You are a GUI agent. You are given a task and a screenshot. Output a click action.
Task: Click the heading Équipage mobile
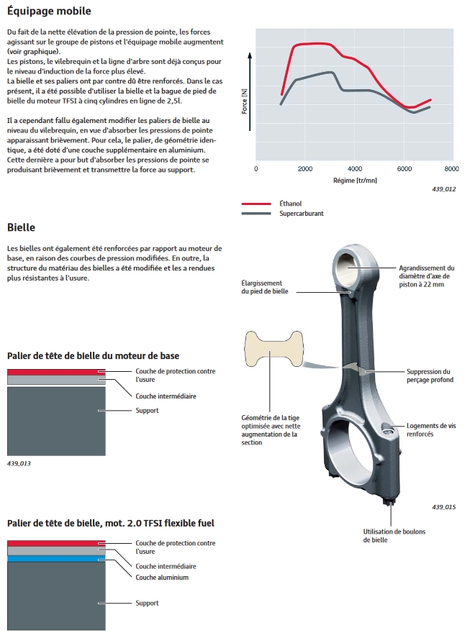[48, 12]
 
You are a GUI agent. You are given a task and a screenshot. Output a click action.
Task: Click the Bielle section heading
[22, 227]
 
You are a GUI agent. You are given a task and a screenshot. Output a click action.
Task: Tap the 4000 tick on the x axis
[353, 169]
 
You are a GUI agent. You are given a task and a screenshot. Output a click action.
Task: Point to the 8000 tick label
[451, 169]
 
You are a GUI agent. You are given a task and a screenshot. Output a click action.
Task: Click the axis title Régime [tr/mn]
[354, 181]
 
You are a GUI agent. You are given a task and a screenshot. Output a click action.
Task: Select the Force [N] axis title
[245, 101]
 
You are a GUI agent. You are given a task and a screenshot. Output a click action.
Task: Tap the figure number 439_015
[444, 507]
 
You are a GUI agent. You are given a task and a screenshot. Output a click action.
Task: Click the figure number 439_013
[19, 464]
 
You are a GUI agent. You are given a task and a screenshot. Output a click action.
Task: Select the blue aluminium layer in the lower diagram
[56, 558]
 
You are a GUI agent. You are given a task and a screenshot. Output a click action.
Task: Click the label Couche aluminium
[162, 577]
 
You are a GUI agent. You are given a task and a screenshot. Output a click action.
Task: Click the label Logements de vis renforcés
[430, 429]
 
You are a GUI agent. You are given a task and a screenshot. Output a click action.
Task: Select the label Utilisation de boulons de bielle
[394, 535]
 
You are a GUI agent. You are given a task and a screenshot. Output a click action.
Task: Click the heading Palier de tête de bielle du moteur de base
[93, 356]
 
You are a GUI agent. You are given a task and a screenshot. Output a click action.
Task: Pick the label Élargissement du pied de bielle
[262, 288]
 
